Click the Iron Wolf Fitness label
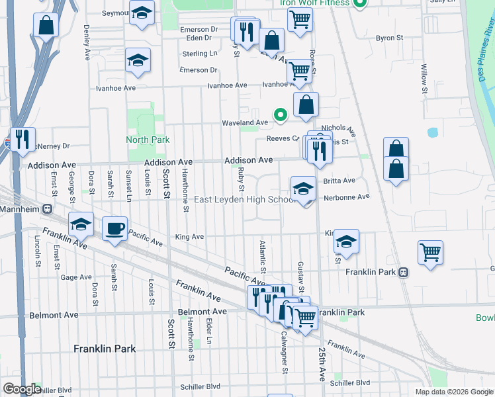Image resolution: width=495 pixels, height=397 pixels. tap(314, 3)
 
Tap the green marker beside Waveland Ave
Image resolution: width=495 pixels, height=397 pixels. tap(281, 115)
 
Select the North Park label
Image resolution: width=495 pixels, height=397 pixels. tap(148, 140)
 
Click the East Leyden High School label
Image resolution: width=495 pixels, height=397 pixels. tap(245, 200)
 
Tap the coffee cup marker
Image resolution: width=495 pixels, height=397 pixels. tap(115, 229)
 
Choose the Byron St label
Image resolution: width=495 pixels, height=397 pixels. tap(389, 38)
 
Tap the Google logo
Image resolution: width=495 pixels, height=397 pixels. tap(22, 389)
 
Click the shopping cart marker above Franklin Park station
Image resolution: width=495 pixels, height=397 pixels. tap(430, 252)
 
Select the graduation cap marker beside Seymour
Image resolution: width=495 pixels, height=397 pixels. tap(142, 13)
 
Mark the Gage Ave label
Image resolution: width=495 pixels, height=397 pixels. tap(75, 277)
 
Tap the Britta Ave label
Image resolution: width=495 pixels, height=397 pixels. tap(339, 181)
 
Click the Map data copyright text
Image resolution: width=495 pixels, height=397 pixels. tap(454, 392)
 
